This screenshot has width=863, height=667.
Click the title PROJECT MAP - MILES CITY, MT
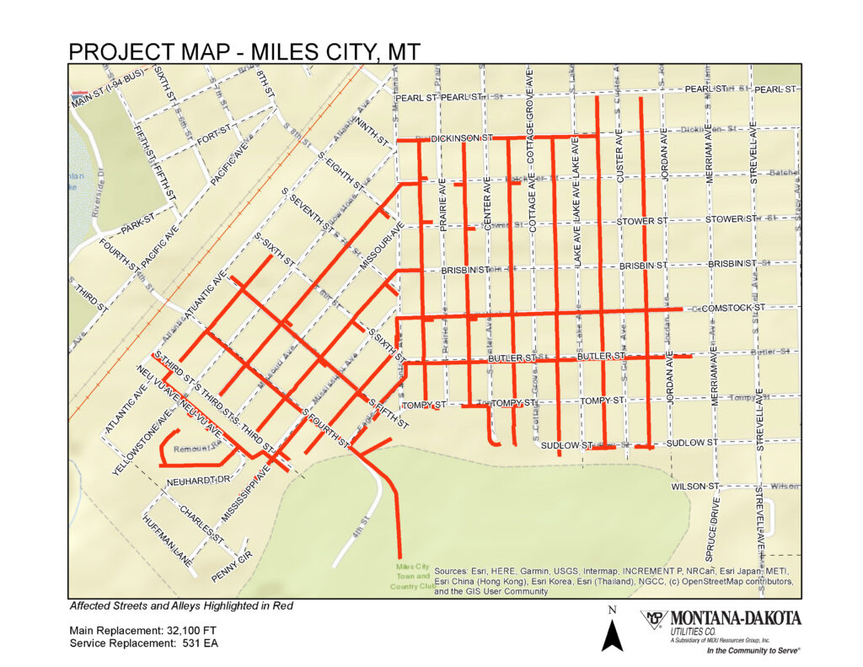(244, 51)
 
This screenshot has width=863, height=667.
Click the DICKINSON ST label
(461, 137)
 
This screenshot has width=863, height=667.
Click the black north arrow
(614, 633)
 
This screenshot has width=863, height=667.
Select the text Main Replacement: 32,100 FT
(137, 630)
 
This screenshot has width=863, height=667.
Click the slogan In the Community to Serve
(753, 650)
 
